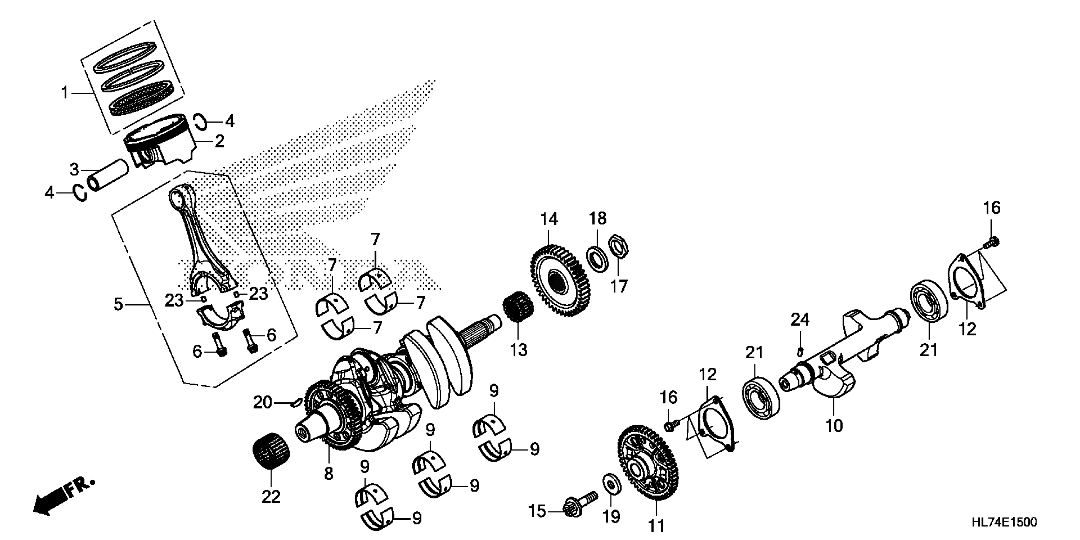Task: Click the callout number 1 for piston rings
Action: pyautogui.click(x=64, y=93)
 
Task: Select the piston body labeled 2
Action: pyautogui.click(x=161, y=145)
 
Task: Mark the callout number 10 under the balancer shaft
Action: pyautogui.click(x=834, y=426)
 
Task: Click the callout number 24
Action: pyautogui.click(x=800, y=320)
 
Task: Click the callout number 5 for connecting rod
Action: pyautogui.click(x=119, y=304)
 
